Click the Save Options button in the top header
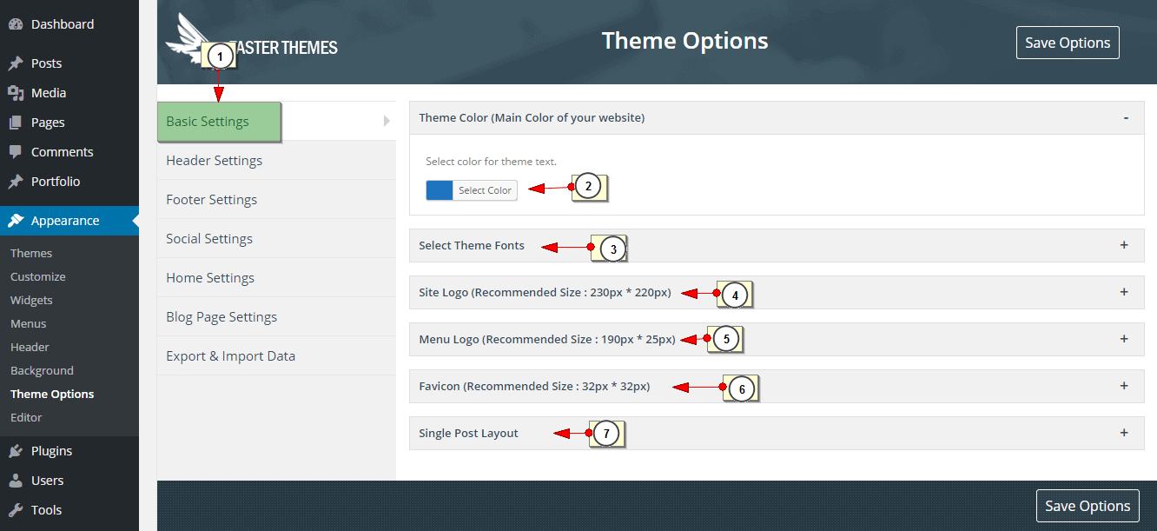(1068, 43)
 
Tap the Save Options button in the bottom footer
(1088, 506)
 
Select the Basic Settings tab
(219, 122)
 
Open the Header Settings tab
(214, 161)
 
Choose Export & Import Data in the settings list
(230, 356)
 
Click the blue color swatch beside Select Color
(439, 190)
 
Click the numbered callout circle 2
(588, 187)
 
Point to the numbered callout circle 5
(725, 339)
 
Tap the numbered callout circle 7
(606, 434)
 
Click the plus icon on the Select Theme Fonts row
(1124, 245)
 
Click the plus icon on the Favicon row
(1124, 386)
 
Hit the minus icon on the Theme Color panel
(1126, 118)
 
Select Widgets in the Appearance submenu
(31, 300)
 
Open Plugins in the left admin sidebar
(51, 451)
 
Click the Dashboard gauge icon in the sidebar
(16, 24)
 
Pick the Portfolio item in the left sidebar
(56, 182)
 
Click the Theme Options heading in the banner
(684, 41)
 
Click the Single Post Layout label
(468, 434)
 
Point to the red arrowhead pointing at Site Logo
(689, 294)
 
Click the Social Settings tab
(209, 239)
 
